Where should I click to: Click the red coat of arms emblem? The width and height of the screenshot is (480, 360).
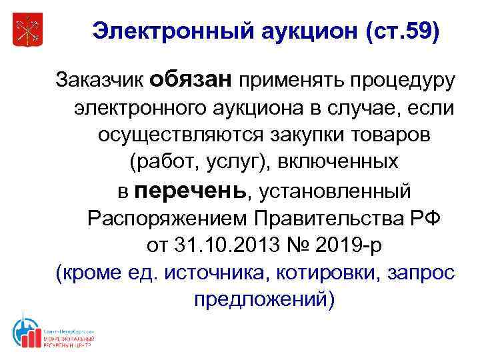pos(27,31)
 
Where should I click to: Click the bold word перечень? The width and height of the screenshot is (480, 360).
pos(189,190)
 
